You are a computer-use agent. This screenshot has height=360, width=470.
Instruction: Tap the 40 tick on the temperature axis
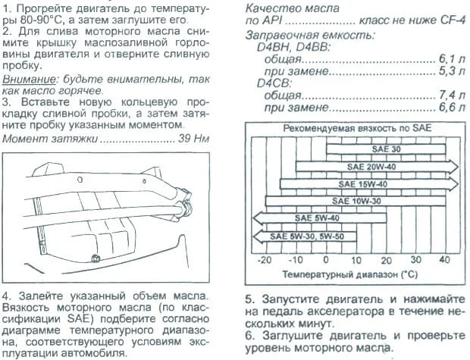click(x=445, y=259)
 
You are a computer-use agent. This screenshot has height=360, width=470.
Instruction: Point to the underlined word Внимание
click(x=25, y=79)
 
